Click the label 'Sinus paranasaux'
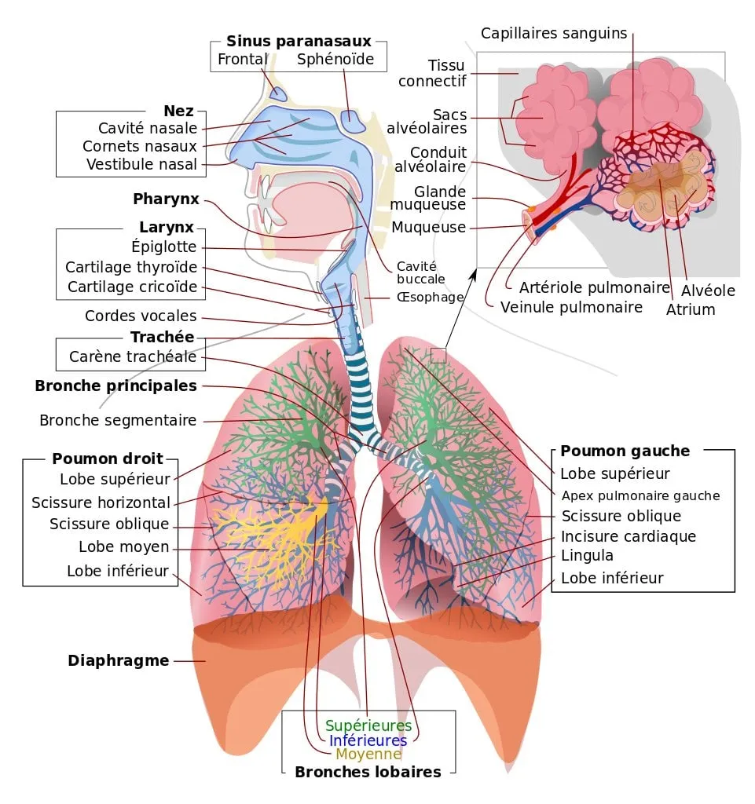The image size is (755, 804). point(299,42)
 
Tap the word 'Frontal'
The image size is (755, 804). point(243,60)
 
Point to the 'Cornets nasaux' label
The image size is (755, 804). point(140,146)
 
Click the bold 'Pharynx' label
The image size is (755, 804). point(166,199)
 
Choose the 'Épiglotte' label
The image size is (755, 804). point(164,247)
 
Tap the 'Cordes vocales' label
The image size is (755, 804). point(141,316)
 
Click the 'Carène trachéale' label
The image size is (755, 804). point(133,357)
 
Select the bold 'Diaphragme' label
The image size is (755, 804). point(119,660)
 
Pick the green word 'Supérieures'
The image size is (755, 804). point(368,725)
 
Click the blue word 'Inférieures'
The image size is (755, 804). point(368,740)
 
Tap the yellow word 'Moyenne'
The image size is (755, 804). point(368,755)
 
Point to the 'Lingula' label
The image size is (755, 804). point(587,556)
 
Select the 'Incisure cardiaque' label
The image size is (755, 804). point(629,537)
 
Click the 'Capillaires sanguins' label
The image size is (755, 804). point(554,33)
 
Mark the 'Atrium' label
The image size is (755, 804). point(691,309)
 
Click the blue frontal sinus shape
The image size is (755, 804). point(278,93)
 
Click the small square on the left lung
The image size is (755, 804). point(438,356)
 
